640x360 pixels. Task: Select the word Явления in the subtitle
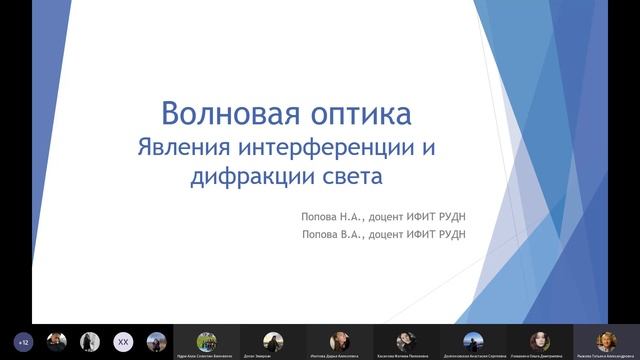tap(185, 147)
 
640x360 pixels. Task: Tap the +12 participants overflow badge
tap(23, 342)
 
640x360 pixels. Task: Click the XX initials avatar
tap(122, 342)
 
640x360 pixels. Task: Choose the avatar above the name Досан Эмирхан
tap(273, 340)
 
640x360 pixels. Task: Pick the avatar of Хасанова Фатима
tap(406, 340)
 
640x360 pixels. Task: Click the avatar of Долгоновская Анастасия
tap(473, 340)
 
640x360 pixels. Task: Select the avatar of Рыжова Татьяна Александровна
tap(606, 340)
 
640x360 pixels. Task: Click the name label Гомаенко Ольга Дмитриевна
tap(539, 355)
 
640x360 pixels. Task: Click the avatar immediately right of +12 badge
tap(56, 342)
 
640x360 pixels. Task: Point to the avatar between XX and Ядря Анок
tap(155, 342)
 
